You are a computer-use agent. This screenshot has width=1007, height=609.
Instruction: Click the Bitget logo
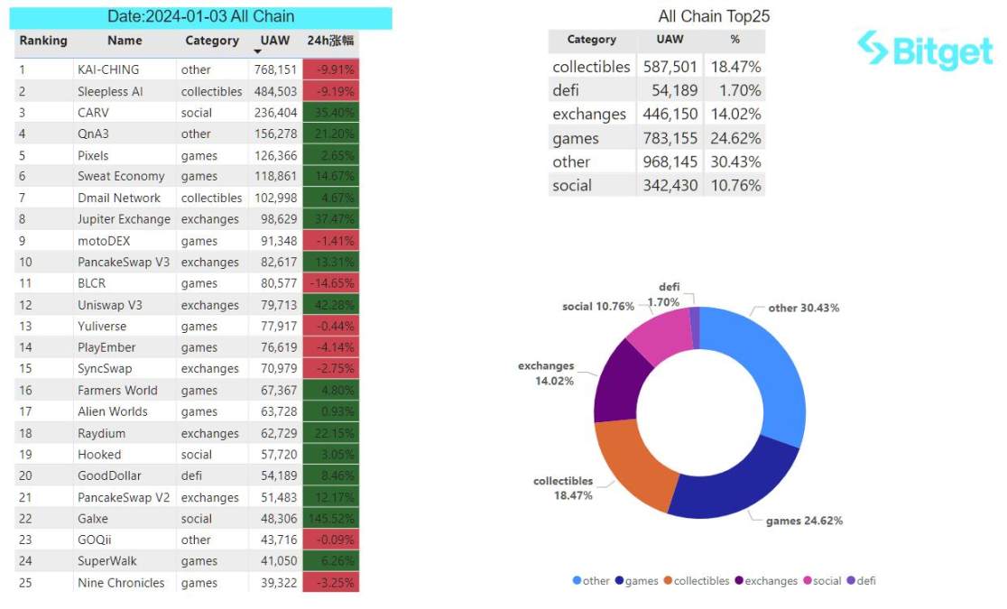[925, 51]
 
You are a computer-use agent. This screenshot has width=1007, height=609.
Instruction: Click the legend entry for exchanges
[766, 581]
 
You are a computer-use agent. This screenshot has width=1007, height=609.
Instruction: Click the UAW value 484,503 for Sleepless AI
[275, 91]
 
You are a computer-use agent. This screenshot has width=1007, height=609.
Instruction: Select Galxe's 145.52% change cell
[330, 519]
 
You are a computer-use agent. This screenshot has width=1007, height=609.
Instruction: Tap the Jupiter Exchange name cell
[124, 219]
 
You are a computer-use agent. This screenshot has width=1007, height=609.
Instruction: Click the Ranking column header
[43, 41]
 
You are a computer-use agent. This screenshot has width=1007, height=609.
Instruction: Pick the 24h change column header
[330, 41]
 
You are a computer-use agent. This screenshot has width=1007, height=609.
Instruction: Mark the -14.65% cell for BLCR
[330, 283]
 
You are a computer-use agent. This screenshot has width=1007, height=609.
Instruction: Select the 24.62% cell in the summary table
[734, 139]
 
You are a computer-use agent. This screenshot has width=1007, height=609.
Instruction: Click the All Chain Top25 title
[714, 16]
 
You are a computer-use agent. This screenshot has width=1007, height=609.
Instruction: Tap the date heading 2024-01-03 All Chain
[200, 16]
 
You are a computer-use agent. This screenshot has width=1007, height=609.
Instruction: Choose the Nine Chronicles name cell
[121, 583]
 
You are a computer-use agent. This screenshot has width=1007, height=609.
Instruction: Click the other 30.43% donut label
[804, 308]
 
